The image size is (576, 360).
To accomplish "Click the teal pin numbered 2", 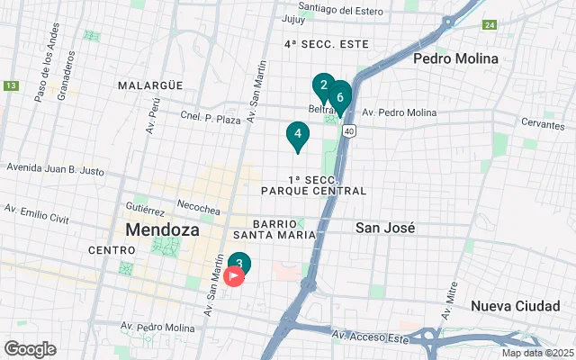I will (x=323, y=86).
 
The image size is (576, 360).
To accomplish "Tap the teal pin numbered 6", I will (x=339, y=94).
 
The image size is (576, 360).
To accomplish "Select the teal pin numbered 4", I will (x=297, y=134).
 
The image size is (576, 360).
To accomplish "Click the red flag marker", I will (x=234, y=276).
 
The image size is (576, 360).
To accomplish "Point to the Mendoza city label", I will (x=163, y=229).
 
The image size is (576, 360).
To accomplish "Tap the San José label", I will (x=385, y=228).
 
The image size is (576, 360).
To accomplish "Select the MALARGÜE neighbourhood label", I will (x=149, y=85).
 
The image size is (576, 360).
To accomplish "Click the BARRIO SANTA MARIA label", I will (x=284, y=229).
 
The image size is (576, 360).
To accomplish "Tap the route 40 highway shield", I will (x=348, y=131).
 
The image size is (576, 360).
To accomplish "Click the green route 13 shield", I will (x=11, y=86).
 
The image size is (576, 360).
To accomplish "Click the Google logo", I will (x=30, y=349).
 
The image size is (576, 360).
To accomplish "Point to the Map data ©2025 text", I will (x=536, y=353).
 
